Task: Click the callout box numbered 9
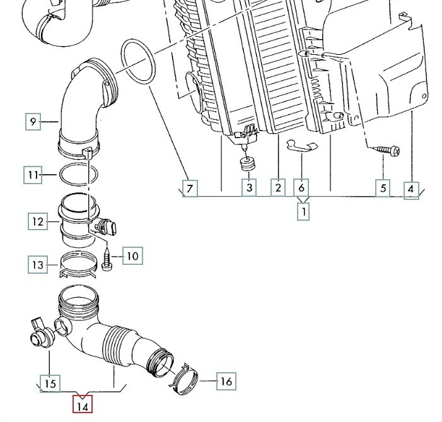coord(33,122)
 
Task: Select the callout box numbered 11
coord(33,175)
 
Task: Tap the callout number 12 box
coord(38,221)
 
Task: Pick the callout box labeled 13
coord(38,264)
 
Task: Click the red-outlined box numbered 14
coord(83,404)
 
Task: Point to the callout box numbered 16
coord(226,381)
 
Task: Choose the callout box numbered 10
coord(132,256)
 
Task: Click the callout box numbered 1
coord(303,211)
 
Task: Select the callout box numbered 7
coord(190,188)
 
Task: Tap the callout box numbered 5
coord(383,188)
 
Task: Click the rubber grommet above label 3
coord(248,163)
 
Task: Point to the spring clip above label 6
coord(302,145)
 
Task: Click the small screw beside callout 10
coord(107,259)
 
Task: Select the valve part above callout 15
coord(42,333)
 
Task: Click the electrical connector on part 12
coord(107,226)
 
